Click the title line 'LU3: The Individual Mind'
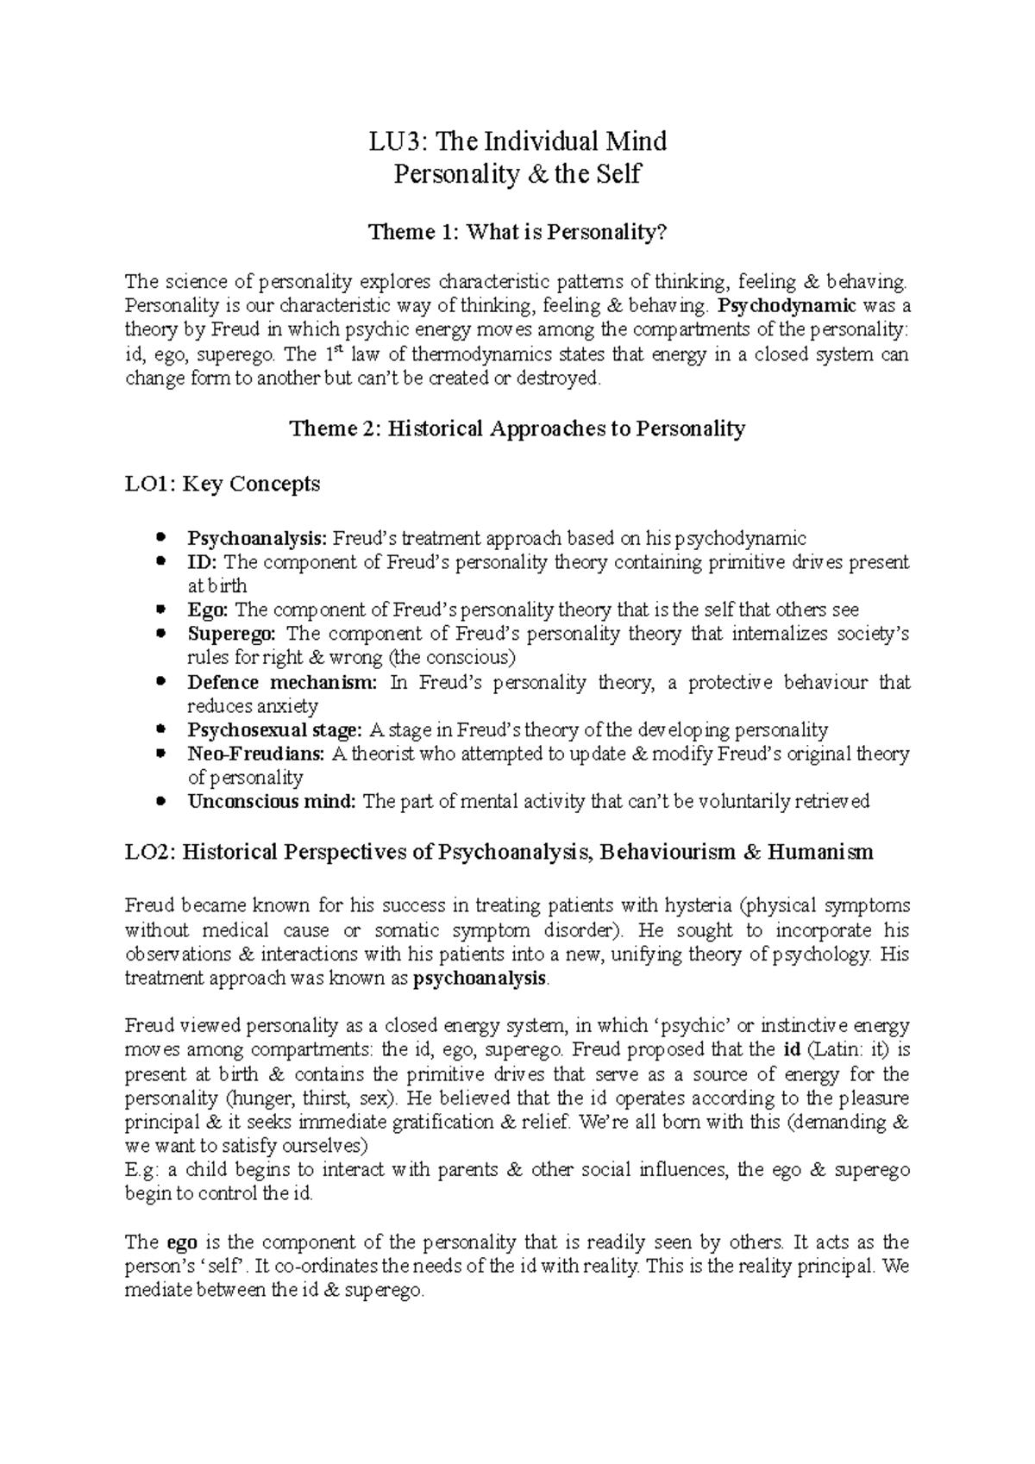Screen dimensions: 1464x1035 517,141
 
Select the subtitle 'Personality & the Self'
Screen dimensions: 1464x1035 517,174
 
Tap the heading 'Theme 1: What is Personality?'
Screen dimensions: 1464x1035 517,232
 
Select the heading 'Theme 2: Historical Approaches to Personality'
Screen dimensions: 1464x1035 517,429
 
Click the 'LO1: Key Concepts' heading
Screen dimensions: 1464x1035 223,484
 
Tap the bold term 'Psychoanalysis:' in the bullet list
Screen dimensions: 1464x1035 258,539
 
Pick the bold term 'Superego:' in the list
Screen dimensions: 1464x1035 233,634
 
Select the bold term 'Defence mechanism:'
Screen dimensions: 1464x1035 283,682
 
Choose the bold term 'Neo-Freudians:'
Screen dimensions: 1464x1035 256,754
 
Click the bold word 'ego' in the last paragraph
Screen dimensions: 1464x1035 182,1243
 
